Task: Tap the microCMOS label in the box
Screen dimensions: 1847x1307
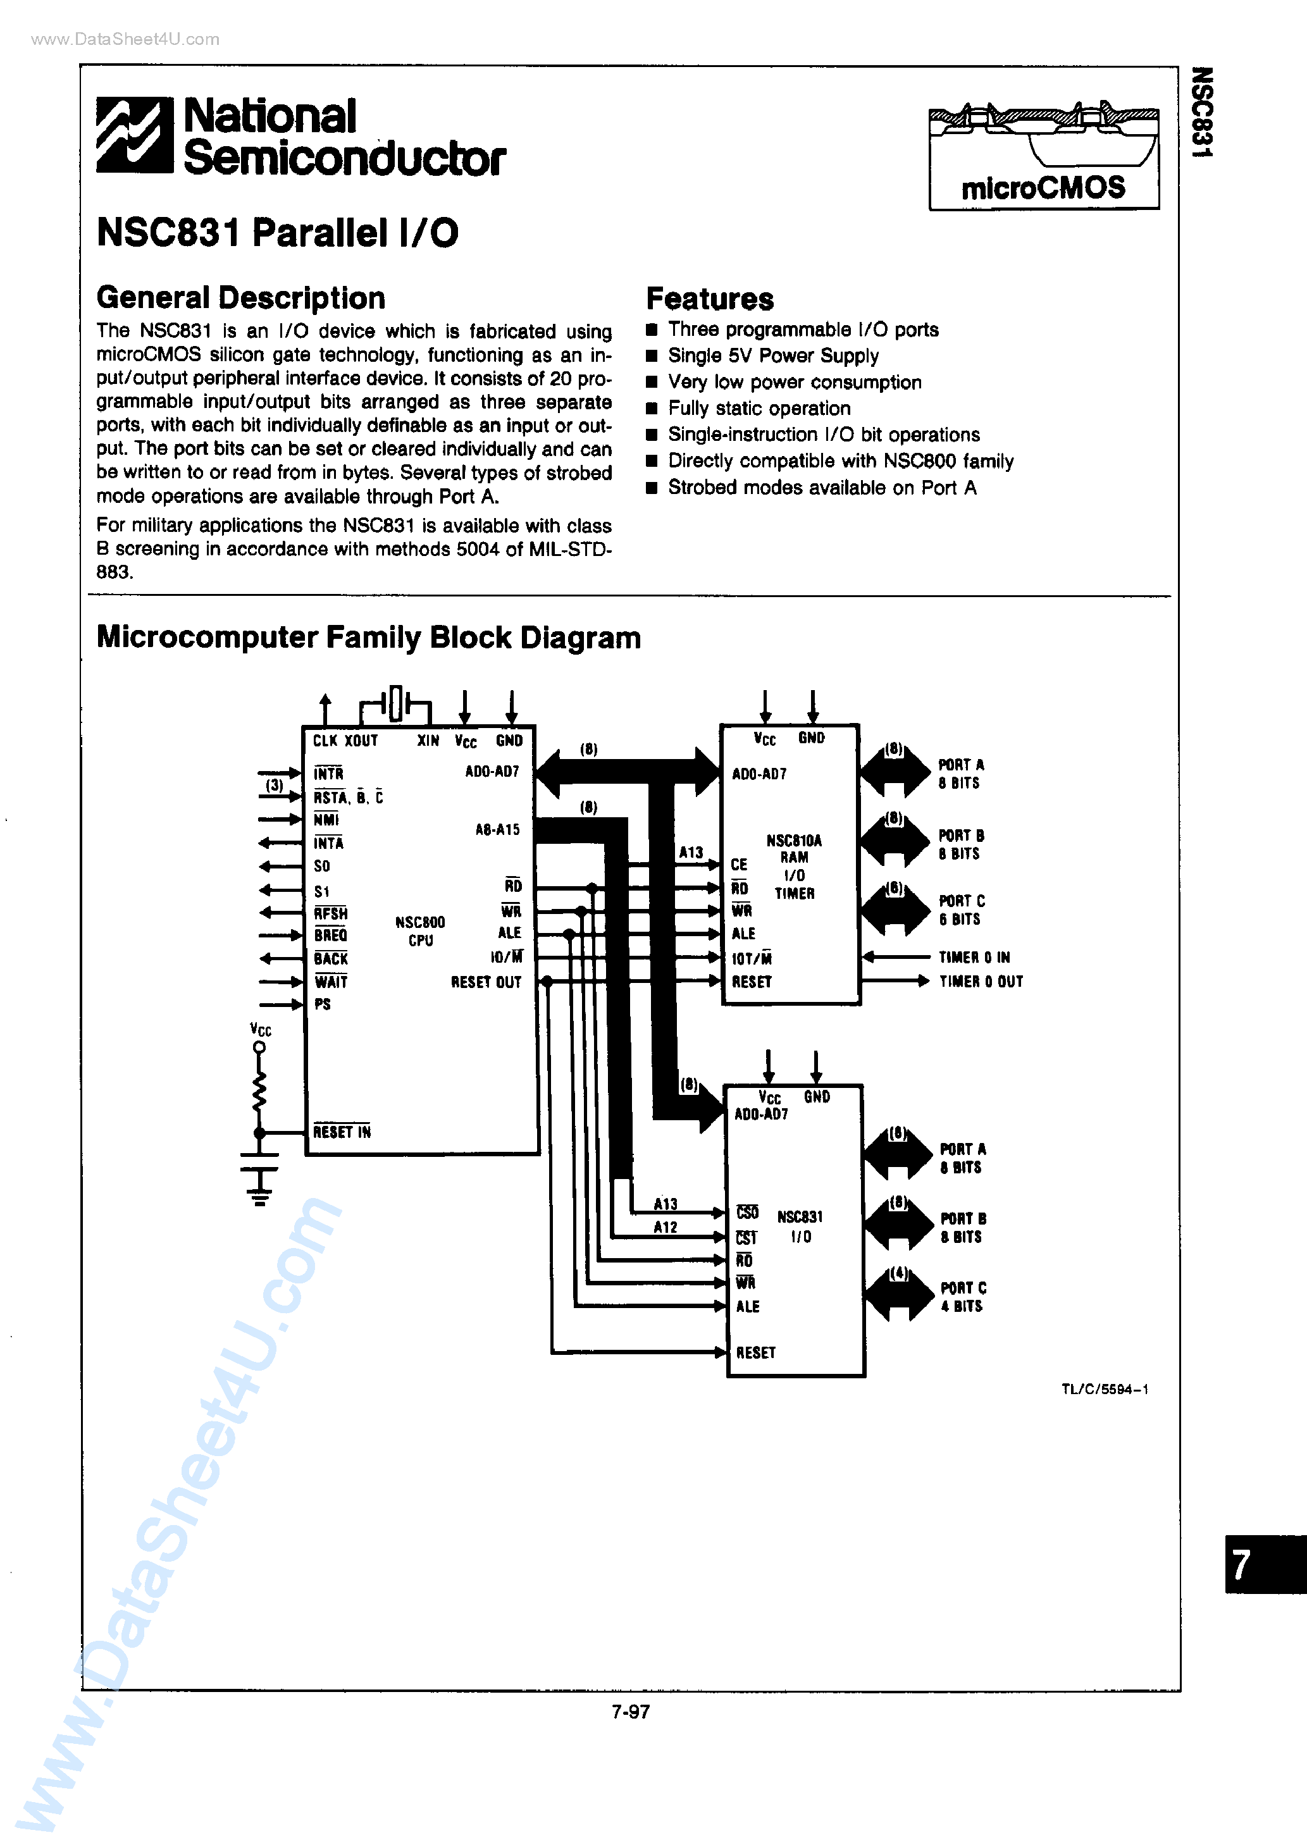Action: tap(1043, 188)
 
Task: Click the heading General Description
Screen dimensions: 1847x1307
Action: tap(240, 299)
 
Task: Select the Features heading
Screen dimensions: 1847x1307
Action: tap(709, 299)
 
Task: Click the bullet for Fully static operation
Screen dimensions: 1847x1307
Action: tap(652, 409)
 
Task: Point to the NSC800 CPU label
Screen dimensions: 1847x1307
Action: tap(420, 930)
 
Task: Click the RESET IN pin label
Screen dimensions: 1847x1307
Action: tap(342, 1132)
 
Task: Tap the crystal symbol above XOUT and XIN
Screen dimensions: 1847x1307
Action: tap(395, 704)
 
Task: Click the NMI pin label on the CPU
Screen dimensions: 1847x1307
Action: tap(326, 820)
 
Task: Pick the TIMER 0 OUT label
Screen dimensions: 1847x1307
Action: tap(981, 982)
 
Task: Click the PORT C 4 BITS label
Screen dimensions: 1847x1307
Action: tap(963, 1297)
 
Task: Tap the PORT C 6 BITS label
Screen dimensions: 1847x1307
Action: tap(961, 910)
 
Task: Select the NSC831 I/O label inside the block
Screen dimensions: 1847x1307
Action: tap(800, 1226)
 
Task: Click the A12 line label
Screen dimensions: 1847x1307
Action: tap(665, 1226)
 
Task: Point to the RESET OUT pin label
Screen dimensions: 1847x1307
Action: tap(486, 982)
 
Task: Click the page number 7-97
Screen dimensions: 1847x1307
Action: tap(630, 1712)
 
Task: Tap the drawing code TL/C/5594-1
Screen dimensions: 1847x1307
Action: tap(1104, 1389)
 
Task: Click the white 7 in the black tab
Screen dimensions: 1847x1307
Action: tap(1241, 1565)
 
